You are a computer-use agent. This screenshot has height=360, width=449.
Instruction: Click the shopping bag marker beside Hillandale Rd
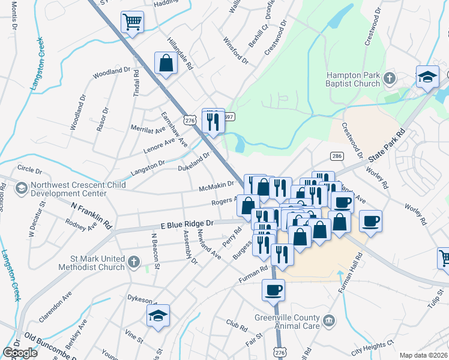pyautogui.click(x=165, y=64)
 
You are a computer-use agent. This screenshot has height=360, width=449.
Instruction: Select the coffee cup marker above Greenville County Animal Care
pyautogui.click(x=273, y=290)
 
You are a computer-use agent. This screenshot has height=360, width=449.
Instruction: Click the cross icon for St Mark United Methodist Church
pyautogui.click(x=133, y=262)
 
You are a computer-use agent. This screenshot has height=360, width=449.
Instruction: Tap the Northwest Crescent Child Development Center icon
pyautogui.click(x=22, y=188)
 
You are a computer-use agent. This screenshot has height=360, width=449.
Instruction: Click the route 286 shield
pyautogui.click(x=337, y=156)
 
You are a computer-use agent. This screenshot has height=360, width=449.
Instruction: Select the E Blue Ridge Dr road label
pyautogui.click(x=186, y=224)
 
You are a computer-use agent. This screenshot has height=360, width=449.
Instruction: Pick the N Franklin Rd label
pyautogui.click(x=91, y=214)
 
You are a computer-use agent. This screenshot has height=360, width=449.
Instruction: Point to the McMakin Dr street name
pyautogui.click(x=216, y=187)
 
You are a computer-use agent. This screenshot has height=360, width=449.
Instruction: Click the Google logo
pyautogui.click(x=20, y=353)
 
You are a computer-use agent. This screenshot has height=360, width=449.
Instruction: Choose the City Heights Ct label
pyautogui.click(x=372, y=346)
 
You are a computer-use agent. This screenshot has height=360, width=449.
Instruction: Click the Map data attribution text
pyautogui.click(x=423, y=355)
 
